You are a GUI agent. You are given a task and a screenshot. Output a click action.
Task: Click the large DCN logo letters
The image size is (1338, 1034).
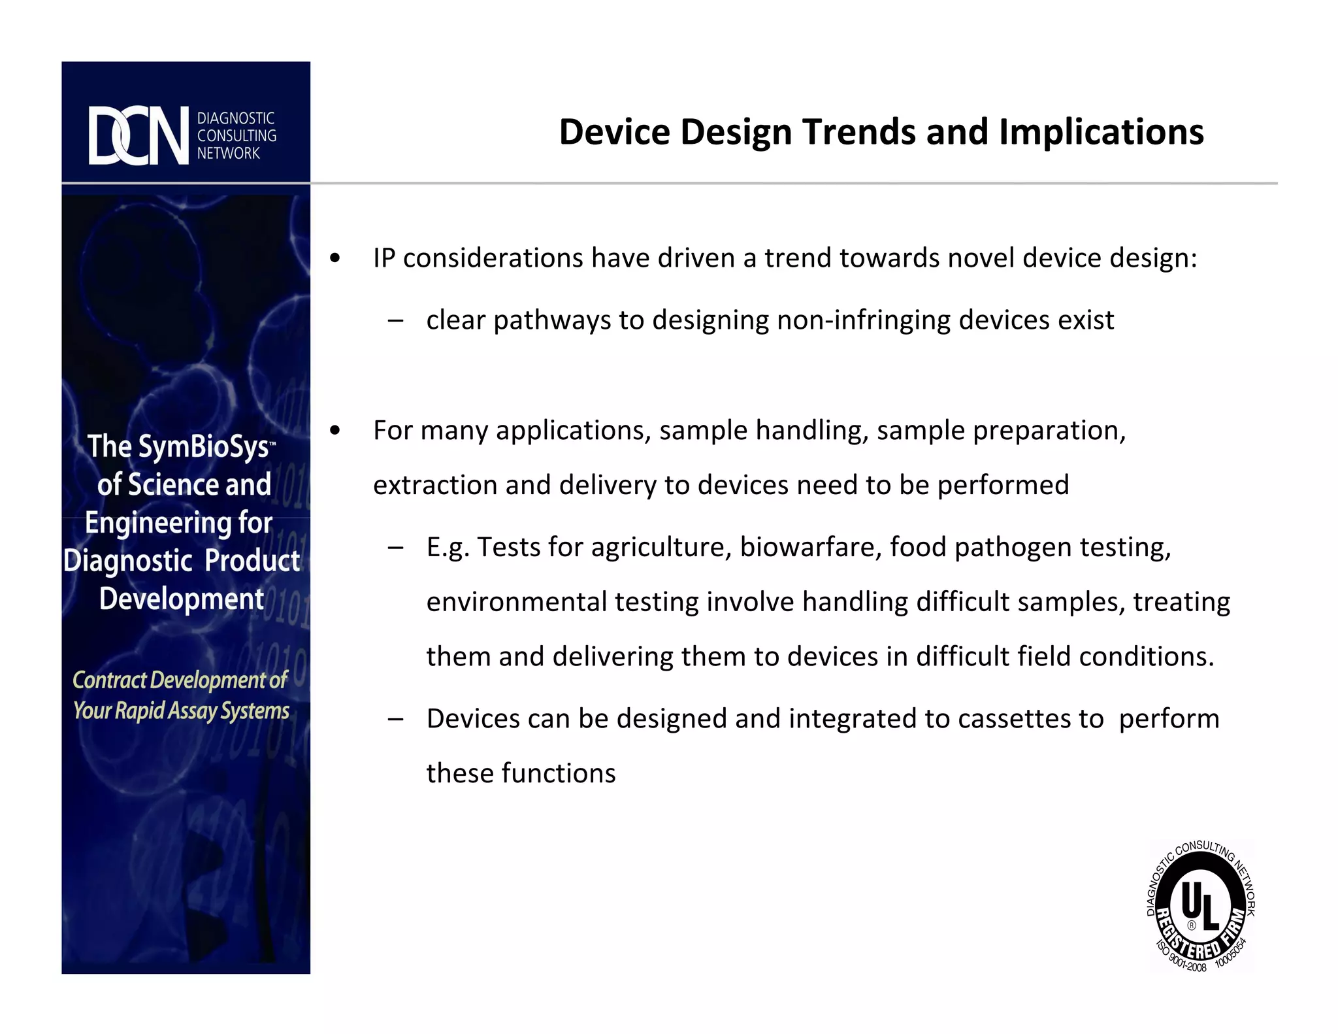[x=139, y=136]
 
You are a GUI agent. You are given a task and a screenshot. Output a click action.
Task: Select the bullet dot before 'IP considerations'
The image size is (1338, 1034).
[x=335, y=258]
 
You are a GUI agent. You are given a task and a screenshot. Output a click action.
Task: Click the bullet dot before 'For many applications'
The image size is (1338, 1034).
[x=335, y=431]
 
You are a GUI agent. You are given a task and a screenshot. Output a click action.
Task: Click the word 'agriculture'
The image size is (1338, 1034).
[x=661, y=547]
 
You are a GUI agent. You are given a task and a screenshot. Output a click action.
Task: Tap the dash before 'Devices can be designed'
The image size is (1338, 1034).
[x=395, y=719]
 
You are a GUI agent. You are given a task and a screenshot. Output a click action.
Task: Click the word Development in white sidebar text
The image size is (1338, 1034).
[x=182, y=599]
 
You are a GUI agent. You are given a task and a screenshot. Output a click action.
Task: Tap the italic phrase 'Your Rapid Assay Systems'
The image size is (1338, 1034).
[x=181, y=710]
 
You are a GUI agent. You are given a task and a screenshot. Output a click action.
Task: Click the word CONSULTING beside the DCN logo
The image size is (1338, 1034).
[x=237, y=136]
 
